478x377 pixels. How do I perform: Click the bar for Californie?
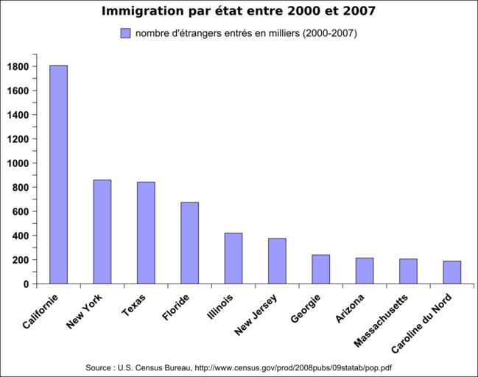pos(58,175)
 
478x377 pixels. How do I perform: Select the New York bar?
pos(102,232)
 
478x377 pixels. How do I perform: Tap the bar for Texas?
pos(146,233)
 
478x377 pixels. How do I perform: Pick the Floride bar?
pos(189,243)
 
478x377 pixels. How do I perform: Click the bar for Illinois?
pos(233,258)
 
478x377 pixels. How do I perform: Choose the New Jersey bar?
pos(277,261)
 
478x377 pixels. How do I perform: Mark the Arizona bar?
pos(365,271)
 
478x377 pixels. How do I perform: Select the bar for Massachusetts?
pos(408,272)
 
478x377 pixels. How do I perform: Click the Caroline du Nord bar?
pos(452,272)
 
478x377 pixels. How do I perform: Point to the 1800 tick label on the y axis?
pos(18,66)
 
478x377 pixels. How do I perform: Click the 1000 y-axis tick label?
pos(18,163)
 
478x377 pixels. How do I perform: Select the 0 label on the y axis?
pos(26,284)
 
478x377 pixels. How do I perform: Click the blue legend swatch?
pos(125,33)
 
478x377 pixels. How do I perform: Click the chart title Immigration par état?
pos(238,11)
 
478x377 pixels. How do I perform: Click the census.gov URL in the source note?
pos(293,367)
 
